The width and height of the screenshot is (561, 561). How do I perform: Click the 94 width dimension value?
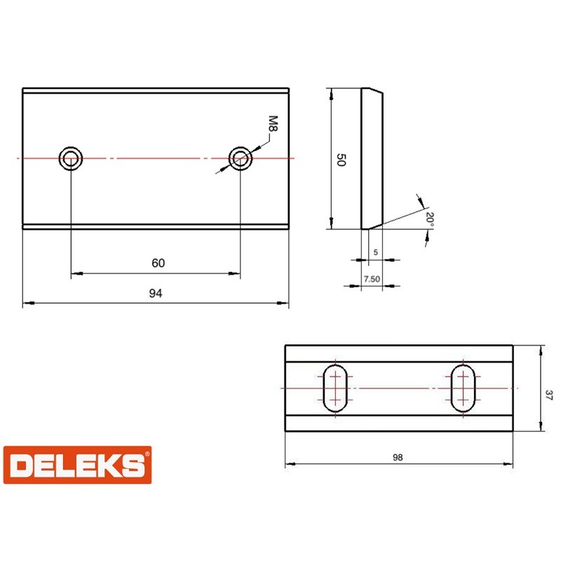(x=156, y=293)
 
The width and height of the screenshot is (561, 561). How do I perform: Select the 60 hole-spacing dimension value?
(x=158, y=263)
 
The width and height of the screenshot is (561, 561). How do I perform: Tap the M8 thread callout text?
(x=273, y=123)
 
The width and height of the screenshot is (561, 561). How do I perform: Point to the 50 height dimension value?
(x=342, y=160)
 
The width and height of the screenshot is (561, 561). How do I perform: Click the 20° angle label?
(x=430, y=219)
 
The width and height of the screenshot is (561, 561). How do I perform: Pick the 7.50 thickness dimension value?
(x=372, y=279)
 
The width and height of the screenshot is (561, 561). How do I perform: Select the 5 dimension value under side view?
(x=376, y=252)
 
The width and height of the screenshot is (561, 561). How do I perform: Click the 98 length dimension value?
(x=398, y=457)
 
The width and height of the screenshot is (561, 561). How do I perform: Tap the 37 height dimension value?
(x=549, y=395)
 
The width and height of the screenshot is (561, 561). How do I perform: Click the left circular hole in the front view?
(x=71, y=158)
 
